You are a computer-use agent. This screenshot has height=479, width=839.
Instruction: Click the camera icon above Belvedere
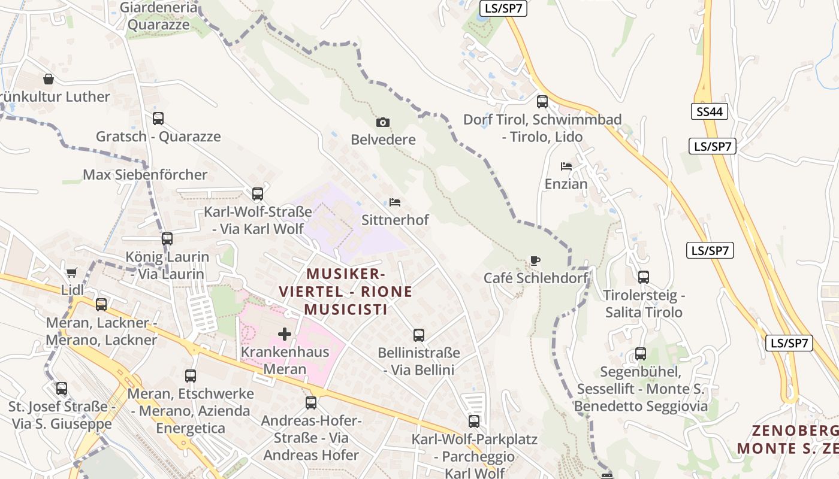pyautogui.click(x=382, y=123)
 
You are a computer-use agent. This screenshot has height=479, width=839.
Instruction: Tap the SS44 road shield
pyautogui.click(x=709, y=111)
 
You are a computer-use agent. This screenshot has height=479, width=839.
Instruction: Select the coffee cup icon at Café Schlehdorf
pyautogui.click(x=535, y=260)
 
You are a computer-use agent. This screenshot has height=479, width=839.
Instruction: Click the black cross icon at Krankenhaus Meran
pyautogui.click(x=285, y=334)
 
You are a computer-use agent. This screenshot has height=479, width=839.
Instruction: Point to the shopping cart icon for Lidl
pyautogui.click(x=72, y=273)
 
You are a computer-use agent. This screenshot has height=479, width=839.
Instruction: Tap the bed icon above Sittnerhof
pyautogui.click(x=394, y=202)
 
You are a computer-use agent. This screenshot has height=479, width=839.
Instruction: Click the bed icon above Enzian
pyautogui.click(x=566, y=166)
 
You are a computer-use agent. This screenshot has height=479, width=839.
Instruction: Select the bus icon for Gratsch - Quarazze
pyautogui.click(x=158, y=119)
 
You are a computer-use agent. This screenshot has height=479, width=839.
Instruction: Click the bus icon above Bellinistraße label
pyautogui.click(x=418, y=335)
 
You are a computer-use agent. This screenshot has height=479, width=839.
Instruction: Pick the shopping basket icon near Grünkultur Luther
pyautogui.click(x=49, y=79)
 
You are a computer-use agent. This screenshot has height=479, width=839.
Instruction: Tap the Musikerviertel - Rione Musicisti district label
pyautogui.click(x=346, y=292)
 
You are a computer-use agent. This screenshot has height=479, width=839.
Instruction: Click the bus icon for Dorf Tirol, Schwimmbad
pyautogui.click(x=542, y=102)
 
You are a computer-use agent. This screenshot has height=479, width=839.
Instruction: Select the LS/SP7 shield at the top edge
pyautogui.click(x=503, y=8)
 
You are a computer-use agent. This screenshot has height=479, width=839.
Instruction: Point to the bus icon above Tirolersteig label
pyautogui.click(x=644, y=277)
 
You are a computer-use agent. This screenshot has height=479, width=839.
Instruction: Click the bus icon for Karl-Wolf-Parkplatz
pyautogui.click(x=474, y=422)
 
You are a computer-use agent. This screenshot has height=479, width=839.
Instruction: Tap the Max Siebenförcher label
pyautogui.click(x=145, y=175)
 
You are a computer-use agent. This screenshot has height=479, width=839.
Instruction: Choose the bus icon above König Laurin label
pyautogui.click(x=167, y=239)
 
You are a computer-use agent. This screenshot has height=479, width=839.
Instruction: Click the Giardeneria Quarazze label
pyautogui.click(x=158, y=16)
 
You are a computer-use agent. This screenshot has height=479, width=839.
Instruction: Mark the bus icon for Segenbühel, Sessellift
pyautogui.click(x=641, y=354)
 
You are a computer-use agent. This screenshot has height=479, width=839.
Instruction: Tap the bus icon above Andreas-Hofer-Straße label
pyautogui.click(x=310, y=403)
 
